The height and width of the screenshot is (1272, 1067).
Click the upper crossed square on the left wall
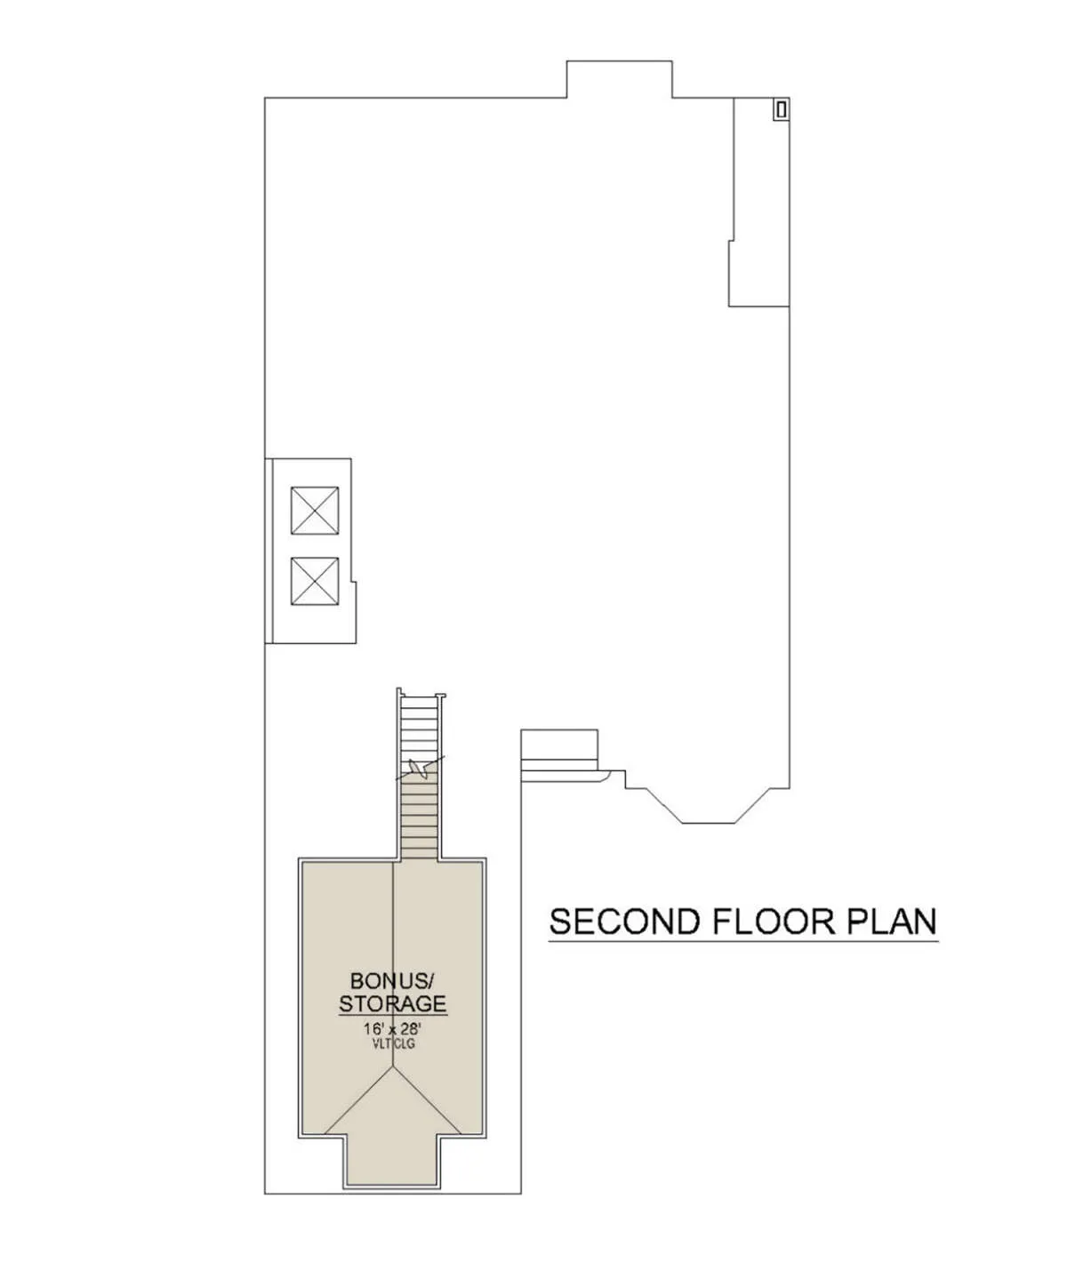click(x=314, y=511)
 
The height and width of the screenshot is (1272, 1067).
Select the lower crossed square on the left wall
click(x=314, y=581)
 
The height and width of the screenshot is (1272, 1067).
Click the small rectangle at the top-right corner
click(x=782, y=109)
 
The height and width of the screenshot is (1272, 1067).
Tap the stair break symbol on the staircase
click(x=421, y=769)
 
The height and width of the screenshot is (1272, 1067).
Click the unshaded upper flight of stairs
click(x=420, y=729)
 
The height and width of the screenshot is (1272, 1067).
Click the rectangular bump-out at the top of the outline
click(x=620, y=79)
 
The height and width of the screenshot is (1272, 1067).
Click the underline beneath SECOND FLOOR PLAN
click(x=743, y=942)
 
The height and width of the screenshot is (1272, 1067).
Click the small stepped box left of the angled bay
click(x=559, y=755)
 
